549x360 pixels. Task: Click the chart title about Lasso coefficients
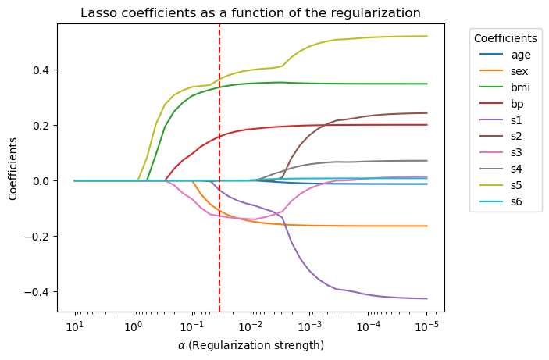coord(251,12)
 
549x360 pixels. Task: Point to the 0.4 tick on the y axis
coord(42,70)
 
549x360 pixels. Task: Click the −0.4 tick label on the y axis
coord(38,291)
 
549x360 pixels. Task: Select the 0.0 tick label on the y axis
coord(42,180)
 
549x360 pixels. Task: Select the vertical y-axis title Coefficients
coord(13,168)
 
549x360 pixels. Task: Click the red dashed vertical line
coord(219,234)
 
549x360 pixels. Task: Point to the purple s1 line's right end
coord(427,298)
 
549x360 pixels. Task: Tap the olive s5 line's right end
coord(427,36)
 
